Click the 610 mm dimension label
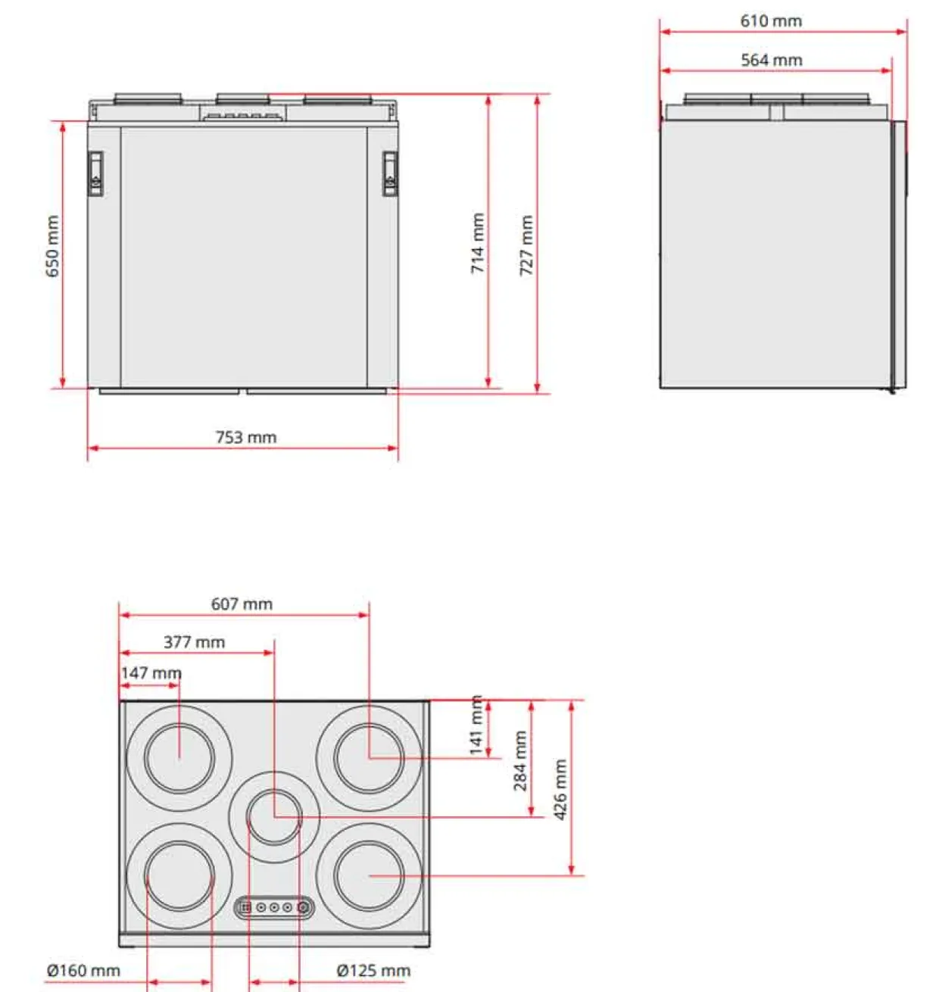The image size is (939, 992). tap(770, 20)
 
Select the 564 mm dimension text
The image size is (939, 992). tap(771, 60)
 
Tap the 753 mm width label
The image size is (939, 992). tap(245, 437)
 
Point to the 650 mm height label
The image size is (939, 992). tap(52, 246)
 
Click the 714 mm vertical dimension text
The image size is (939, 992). tap(477, 243)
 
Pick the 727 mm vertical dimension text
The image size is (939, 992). tap(526, 245)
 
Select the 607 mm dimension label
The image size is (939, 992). tap(242, 604)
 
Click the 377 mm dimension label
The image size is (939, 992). tap(195, 642)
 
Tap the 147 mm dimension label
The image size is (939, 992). tap(151, 673)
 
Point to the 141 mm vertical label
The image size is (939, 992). tap(476, 725)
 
